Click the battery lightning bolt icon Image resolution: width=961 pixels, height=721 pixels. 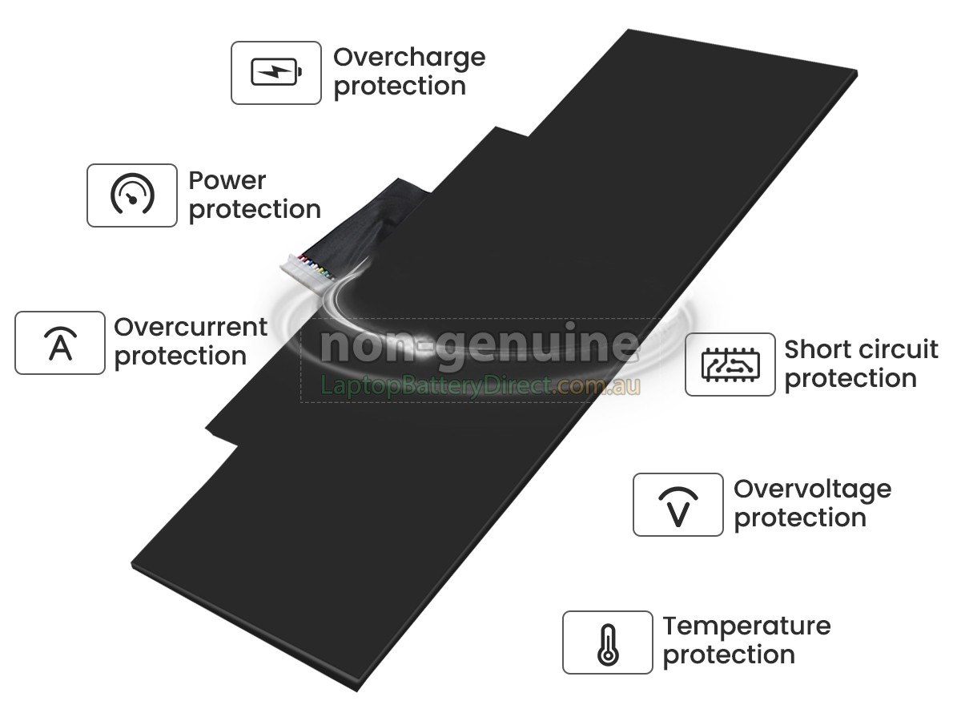pos(276,72)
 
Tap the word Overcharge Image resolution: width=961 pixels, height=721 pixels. pos(409,58)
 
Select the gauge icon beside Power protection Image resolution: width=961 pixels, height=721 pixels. pos(132,194)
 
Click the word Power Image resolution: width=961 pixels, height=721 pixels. pos(227,181)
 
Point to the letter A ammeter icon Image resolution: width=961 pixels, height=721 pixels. pos(60,343)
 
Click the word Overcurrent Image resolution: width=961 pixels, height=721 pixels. pos(191,327)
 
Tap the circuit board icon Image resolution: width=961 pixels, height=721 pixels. pos(730,365)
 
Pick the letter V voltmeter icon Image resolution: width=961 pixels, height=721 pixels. pos(678,506)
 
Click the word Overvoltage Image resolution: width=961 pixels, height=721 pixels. pos(813,489)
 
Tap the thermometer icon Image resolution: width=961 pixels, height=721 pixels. pos(608,645)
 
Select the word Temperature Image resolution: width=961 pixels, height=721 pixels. pos(746,626)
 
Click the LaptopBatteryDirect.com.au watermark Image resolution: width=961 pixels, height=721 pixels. pos(480,385)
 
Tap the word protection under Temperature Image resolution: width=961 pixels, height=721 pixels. pos(729,655)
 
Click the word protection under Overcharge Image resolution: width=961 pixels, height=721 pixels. pos(400,87)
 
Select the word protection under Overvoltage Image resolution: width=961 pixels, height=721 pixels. pos(800,518)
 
